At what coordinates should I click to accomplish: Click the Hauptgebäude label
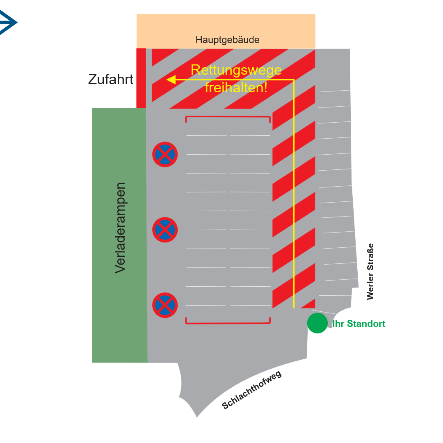(227, 40)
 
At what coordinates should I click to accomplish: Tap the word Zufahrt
(111, 79)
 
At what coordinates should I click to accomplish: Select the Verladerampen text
(120, 228)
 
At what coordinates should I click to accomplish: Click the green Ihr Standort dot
(317, 323)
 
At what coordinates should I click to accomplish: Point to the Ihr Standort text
(359, 324)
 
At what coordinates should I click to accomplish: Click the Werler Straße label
(370, 272)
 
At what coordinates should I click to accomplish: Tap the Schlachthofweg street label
(252, 390)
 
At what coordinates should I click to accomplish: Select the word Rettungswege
(236, 70)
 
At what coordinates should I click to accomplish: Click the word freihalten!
(236, 87)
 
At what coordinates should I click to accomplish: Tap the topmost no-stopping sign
(165, 155)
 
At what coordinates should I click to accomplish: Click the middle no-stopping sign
(165, 230)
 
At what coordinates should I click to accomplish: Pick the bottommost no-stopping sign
(165, 305)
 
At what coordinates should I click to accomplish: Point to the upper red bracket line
(228, 117)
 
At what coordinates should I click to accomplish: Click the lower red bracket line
(228, 323)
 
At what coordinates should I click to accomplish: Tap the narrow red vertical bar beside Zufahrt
(141, 78)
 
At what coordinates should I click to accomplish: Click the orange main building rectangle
(226, 25)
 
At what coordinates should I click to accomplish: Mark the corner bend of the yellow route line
(294, 80)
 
